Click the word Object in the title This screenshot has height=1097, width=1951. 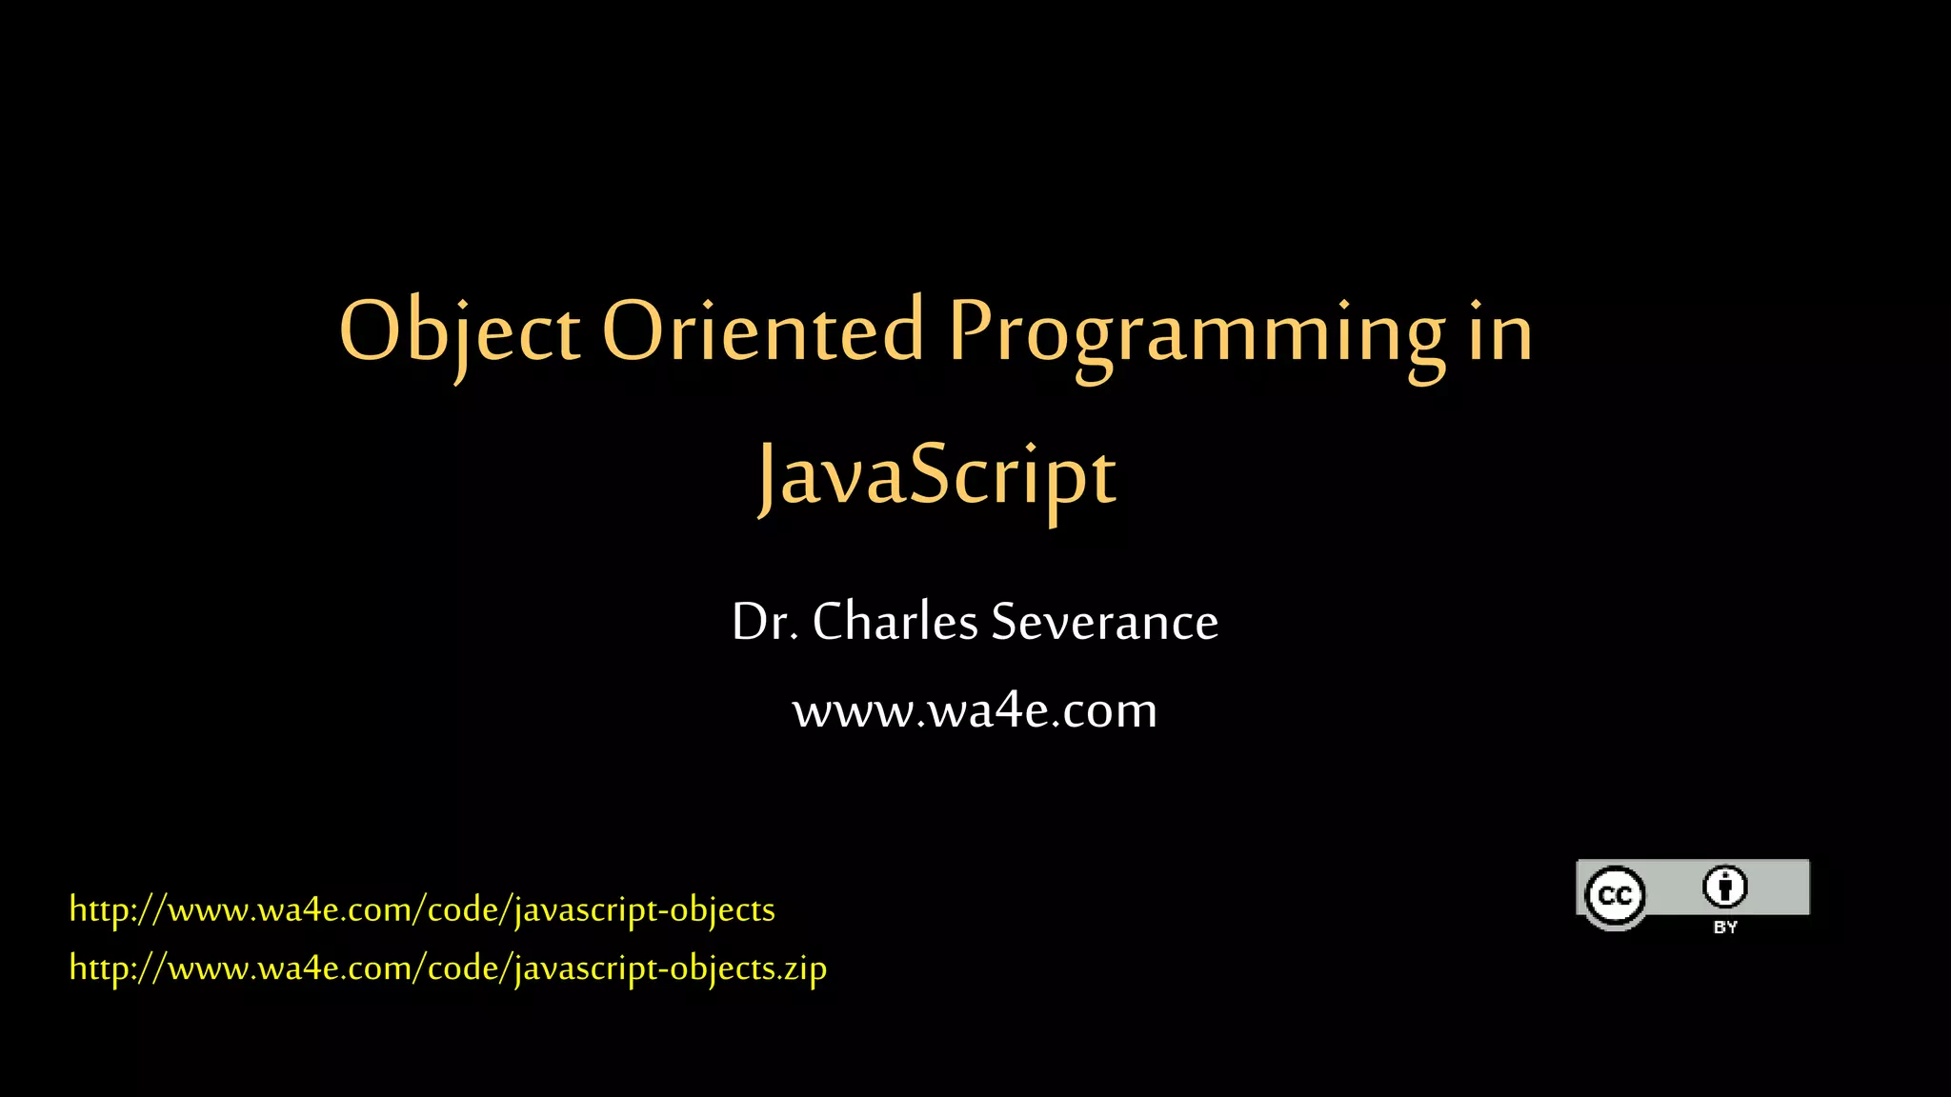459,331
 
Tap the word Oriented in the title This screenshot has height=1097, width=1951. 762,331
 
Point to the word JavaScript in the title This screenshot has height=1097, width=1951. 936,476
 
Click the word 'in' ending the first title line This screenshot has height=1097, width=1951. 1500,331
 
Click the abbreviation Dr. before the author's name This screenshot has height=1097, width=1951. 765,622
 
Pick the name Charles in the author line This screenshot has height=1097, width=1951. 895,622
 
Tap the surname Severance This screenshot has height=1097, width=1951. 1104,622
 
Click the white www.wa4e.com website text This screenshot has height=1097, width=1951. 975,710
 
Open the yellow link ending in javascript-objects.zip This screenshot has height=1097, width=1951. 448,968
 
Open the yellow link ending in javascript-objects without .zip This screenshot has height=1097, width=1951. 422,909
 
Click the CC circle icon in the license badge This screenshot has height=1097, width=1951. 1615,895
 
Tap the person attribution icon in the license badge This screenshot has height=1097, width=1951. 1724,888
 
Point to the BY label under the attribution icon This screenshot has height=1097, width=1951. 1725,927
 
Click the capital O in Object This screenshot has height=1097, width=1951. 368,331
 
